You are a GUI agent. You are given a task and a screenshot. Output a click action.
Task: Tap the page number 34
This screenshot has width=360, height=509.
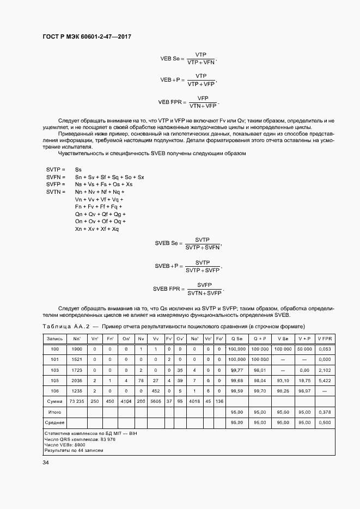point(46,462)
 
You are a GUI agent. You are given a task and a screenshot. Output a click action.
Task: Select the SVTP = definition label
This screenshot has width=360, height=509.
point(56,169)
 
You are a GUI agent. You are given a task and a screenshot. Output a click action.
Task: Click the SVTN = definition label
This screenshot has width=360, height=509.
point(56,192)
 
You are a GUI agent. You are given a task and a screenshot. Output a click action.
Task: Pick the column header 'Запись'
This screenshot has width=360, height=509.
point(54,339)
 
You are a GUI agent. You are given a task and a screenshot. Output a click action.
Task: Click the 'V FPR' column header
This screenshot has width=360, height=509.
point(325,339)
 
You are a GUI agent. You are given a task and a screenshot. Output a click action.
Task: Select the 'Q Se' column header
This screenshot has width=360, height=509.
point(237,339)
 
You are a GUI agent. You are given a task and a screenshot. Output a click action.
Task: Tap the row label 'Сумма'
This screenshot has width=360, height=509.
point(54,401)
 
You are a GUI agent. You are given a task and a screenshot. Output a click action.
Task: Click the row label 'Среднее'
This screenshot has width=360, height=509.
point(54,422)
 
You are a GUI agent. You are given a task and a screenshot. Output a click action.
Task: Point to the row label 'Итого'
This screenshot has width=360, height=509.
point(54,412)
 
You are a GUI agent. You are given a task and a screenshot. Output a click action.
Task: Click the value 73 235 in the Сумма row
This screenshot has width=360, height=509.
point(77,401)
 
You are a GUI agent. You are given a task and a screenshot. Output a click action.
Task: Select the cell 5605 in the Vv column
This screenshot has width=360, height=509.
point(156,401)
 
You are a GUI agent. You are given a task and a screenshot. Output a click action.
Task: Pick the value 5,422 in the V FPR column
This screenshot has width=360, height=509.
point(325,380)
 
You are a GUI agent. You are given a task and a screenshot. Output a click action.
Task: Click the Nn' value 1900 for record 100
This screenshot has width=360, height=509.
point(77,349)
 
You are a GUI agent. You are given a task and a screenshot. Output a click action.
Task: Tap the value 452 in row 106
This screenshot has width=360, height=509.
point(156,390)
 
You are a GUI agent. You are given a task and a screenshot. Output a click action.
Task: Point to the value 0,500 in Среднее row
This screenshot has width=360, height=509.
point(325,422)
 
